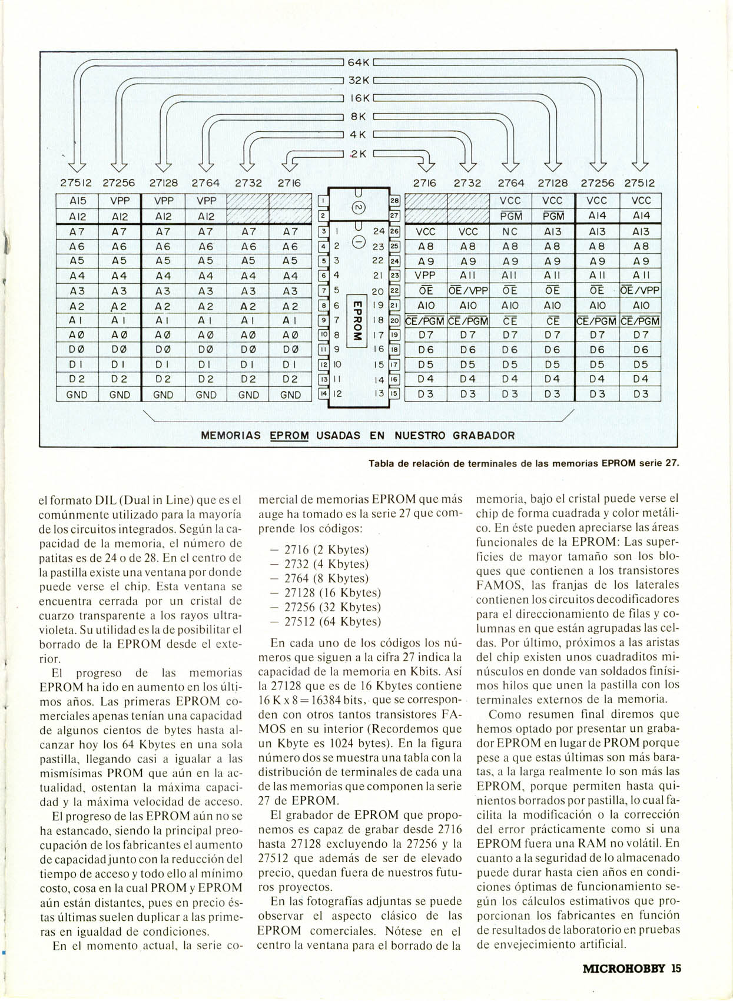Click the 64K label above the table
tap(358, 62)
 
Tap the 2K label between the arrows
tap(358, 154)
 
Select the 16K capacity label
tap(358, 98)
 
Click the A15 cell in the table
tap(77, 201)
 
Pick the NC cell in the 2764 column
tap(510, 232)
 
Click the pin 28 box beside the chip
tap(394, 201)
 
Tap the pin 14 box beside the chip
tap(323, 394)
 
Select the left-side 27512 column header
tap(76, 183)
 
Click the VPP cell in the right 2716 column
tap(425, 276)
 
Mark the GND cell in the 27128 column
tap(163, 395)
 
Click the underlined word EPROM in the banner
tap(289, 436)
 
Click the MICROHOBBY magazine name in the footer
tap(624, 968)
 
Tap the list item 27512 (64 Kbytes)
tap(327, 622)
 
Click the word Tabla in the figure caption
tap(382, 463)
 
